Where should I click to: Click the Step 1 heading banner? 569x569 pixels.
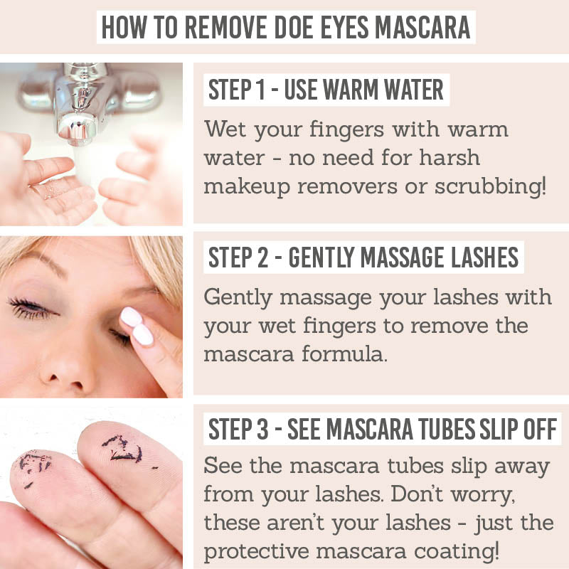[326, 90]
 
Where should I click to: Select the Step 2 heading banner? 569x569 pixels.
[363, 257]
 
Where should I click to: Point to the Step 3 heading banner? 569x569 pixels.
[383, 430]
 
